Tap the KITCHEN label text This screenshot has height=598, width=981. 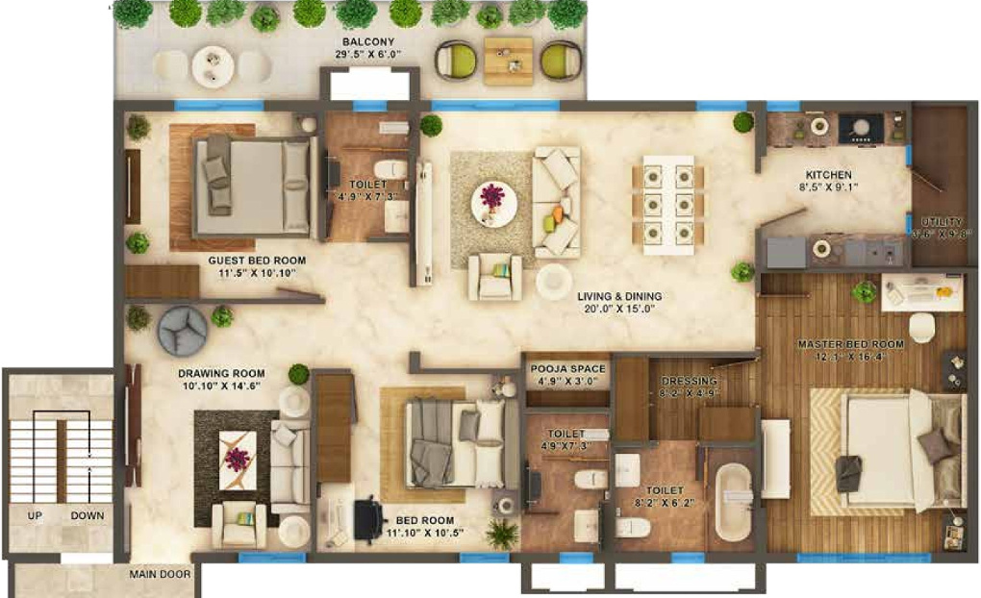(x=828, y=174)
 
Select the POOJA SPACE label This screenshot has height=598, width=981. (x=567, y=368)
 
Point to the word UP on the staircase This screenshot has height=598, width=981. (x=35, y=516)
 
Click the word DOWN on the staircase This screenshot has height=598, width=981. (x=87, y=516)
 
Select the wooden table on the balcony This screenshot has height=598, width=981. (x=508, y=61)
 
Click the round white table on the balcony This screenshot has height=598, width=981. (x=213, y=66)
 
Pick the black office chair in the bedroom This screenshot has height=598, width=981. (x=367, y=520)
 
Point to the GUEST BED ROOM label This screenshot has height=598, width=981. (x=257, y=261)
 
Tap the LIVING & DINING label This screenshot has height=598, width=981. (x=618, y=296)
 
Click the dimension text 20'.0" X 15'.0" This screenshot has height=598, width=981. (x=618, y=310)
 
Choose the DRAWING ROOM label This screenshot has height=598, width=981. (x=220, y=373)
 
